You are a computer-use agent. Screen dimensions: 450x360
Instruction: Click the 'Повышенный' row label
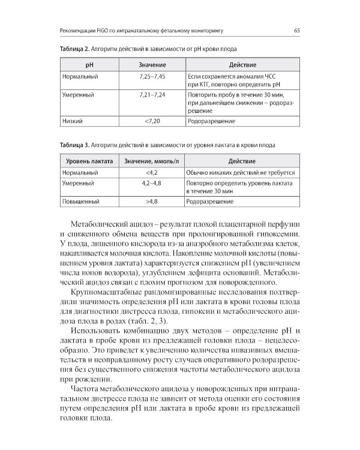pyautogui.click(x=80, y=202)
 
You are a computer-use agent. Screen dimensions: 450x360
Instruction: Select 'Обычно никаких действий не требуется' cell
pyautogui.click(x=240, y=172)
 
